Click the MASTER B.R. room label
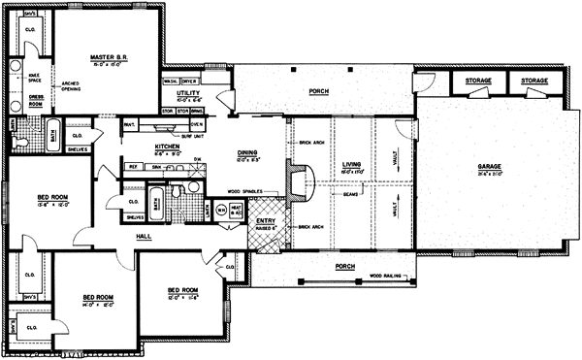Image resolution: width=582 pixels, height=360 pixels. click(x=110, y=57)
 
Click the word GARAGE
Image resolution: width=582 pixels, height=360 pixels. click(x=489, y=167)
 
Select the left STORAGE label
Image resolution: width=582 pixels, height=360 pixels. click(x=477, y=80)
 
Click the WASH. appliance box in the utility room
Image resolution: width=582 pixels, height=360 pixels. click(x=171, y=82)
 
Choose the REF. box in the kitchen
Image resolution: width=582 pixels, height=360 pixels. click(x=132, y=167)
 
